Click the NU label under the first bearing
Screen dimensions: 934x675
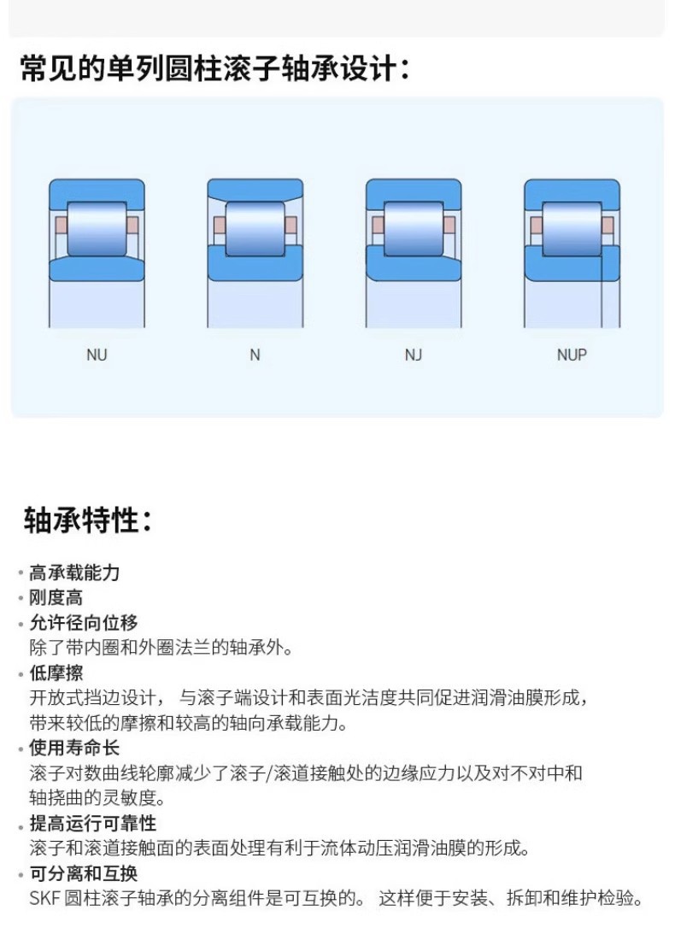coord(97,355)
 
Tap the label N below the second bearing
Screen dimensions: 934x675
coord(255,355)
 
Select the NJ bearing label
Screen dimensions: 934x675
coord(414,355)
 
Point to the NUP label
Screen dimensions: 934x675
coord(572,355)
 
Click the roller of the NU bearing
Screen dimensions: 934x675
coord(97,227)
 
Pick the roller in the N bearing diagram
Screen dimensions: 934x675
coord(255,227)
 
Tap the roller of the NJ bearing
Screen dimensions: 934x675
coord(414,227)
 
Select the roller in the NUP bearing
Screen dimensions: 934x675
coord(572,227)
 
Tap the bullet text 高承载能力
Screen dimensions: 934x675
coord(74,573)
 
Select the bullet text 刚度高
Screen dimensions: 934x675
coord(56,598)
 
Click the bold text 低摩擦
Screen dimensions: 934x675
coord(56,673)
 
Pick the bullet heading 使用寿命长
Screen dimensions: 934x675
coord(74,749)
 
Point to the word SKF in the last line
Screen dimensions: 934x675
coord(44,899)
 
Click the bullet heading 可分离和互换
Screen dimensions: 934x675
coord(83,873)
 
